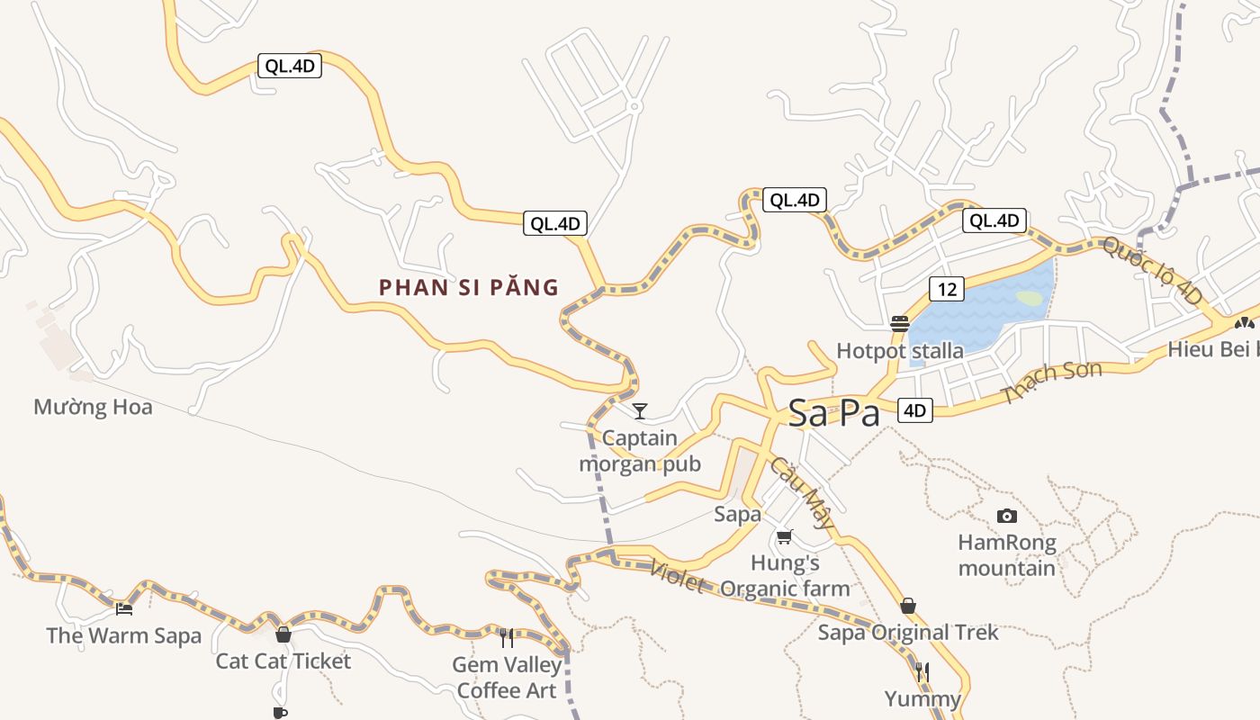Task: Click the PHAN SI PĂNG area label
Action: pos(469,288)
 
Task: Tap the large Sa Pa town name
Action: pos(833,413)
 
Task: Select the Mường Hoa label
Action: pos(93,407)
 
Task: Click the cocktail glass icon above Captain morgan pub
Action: pos(640,411)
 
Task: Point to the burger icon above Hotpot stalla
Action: pos(899,324)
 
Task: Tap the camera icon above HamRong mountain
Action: pos(1007,516)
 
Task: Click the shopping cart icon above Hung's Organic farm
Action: pos(784,537)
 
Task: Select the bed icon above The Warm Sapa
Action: pos(124,609)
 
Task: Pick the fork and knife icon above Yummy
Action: pos(922,672)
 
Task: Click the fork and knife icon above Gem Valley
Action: pos(507,638)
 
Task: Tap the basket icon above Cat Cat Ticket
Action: pos(283,634)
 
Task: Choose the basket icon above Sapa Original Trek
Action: pos(908,606)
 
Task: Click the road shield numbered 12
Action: pos(946,289)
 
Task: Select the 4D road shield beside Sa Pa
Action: pos(914,410)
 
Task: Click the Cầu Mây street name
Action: pos(801,491)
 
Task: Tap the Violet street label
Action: pos(676,576)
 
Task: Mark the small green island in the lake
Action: pos(1030,297)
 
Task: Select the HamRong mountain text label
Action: pos(1006,555)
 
